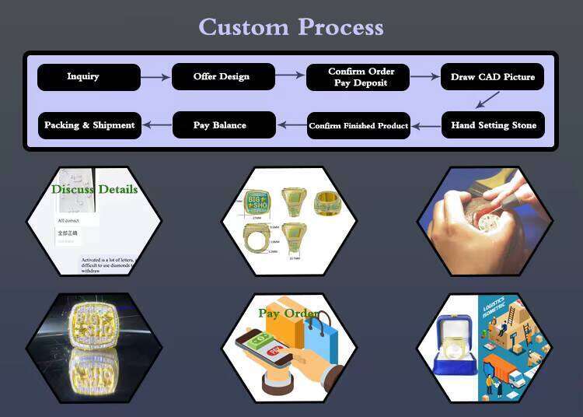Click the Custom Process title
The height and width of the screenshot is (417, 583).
click(x=291, y=27)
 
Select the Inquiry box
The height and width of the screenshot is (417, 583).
click(x=89, y=77)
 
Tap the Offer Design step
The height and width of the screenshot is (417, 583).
click(x=222, y=77)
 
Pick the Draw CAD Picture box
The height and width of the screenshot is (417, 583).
click(x=493, y=77)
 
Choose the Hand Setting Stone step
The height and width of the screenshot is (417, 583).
click(x=493, y=125)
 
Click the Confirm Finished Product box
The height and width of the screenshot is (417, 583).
click(x=358, y=125)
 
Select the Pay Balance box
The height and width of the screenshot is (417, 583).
click(x=224, y=125)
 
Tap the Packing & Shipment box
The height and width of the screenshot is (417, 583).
click(x=89, y=125)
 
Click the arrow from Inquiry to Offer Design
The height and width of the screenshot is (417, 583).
click(x=155, y=77)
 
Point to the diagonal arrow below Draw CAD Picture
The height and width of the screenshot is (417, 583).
click(x=487, y=100)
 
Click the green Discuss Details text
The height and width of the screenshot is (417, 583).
click(x=94, y=189)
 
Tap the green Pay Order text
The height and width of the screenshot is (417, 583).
click(x=288, y=314)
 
